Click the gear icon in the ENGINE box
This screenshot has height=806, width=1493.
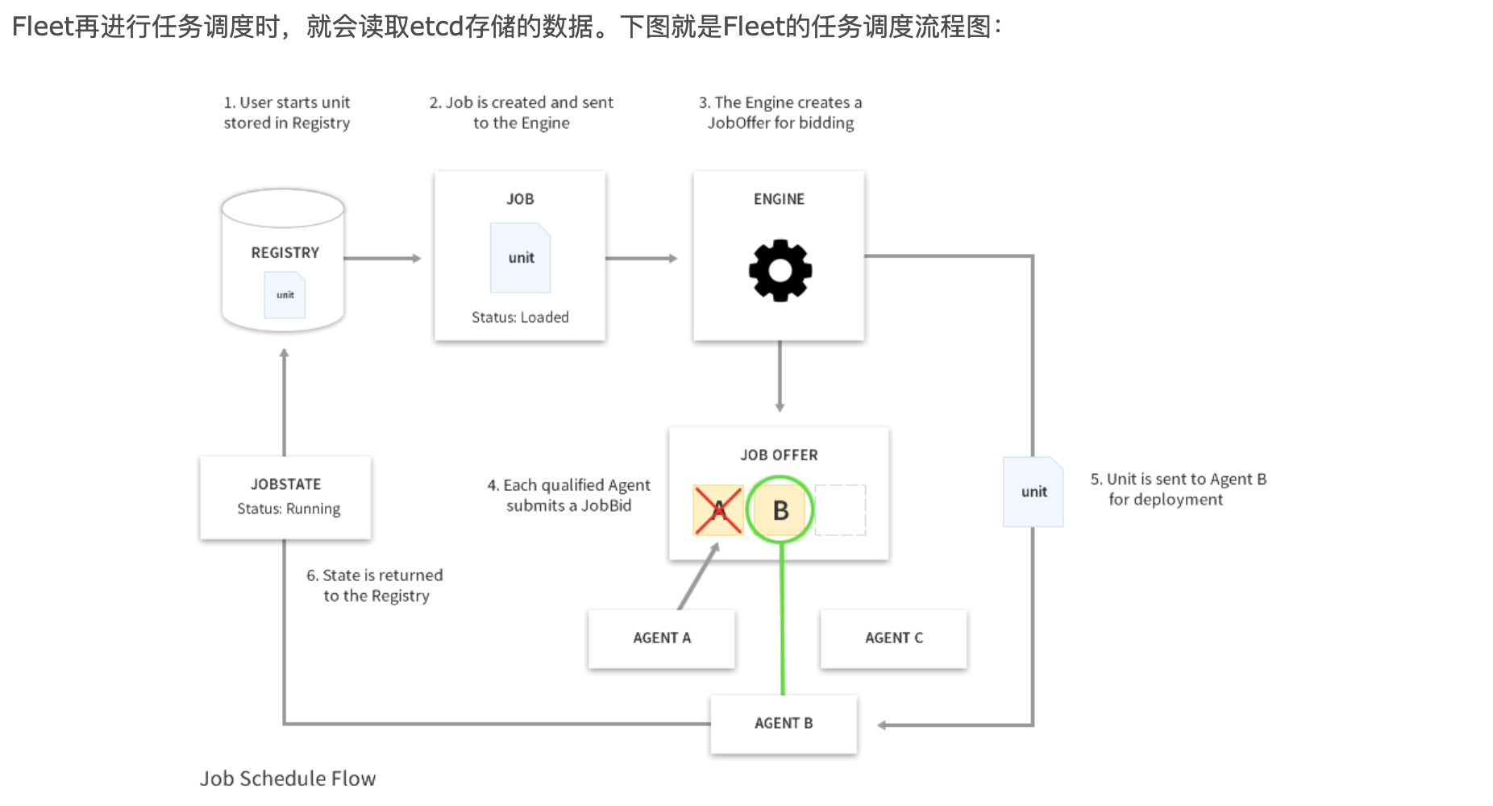(x=780, y=271)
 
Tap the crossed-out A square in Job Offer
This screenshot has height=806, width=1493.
(x=717, y=510)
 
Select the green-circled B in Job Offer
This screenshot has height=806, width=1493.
(x=780, y=510)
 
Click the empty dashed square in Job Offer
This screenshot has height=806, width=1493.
(x=840, y=510)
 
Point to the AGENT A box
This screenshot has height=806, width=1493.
(x=662, y=638)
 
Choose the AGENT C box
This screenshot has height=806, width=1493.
(x=893, y=638)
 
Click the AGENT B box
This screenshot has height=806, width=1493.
(x=783, y=724)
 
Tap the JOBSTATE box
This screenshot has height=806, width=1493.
(x=285, y=496)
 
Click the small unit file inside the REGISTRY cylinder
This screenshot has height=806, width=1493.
(x=285, y=295)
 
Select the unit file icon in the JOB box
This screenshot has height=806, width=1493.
(x=521, y=258)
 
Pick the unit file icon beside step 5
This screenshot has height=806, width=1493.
(x=1033, y=492)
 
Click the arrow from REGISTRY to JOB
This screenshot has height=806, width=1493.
(x=383, y=259)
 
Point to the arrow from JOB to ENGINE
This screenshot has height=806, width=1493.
(x=642, y=259)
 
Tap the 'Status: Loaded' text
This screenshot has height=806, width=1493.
(x=520, y=318)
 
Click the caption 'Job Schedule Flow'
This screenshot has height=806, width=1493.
(x=288, y=779)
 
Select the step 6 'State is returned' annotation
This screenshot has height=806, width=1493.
(x=375, y=586)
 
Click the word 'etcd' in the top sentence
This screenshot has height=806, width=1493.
(x=436, y=27)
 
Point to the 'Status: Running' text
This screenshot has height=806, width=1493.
(x=289, y=509)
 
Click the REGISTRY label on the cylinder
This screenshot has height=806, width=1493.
(x=285, y=253)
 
